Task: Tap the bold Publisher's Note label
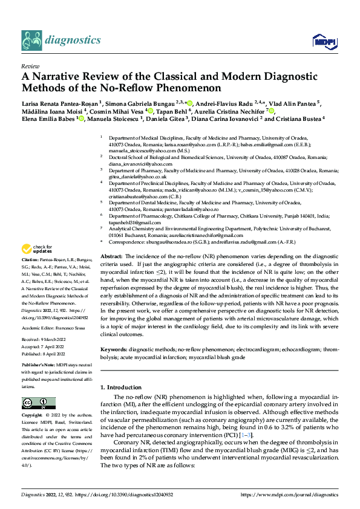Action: (39, 366)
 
